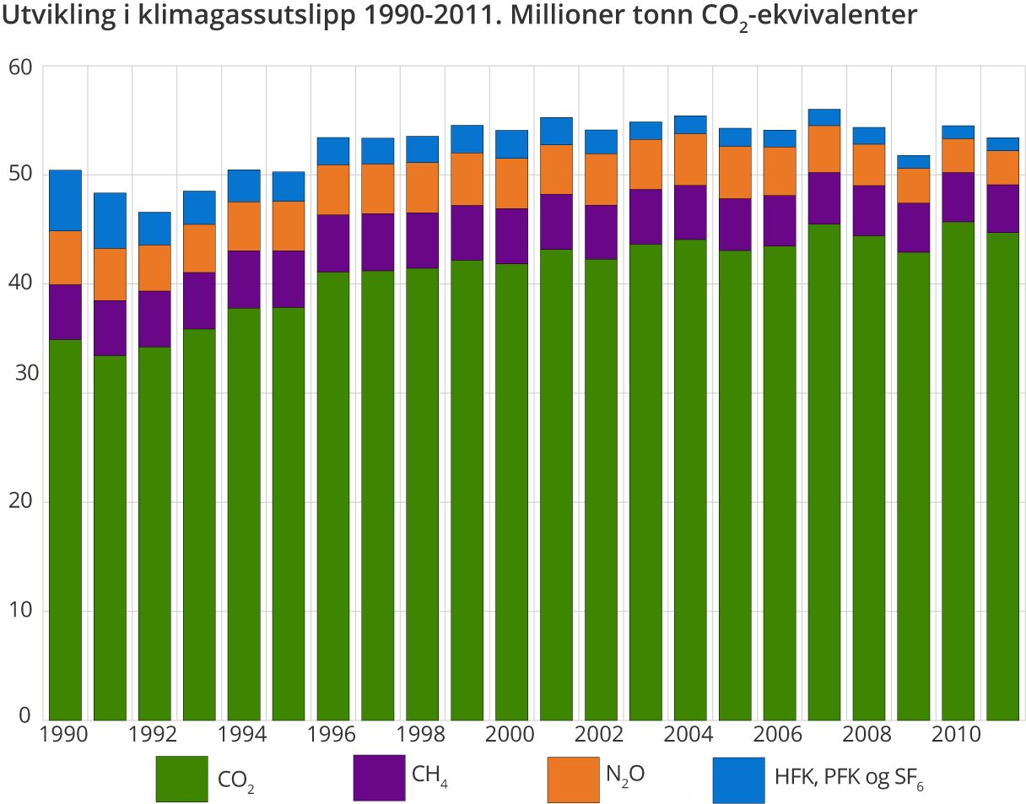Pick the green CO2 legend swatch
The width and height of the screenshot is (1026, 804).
[x=181, y=779]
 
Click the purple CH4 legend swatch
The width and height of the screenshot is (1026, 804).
[x=379, y=777]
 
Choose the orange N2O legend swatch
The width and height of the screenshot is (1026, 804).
[x=573, y=779]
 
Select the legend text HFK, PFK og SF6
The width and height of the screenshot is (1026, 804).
[x=849, y=777]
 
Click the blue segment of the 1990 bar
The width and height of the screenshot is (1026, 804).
[x=65, y=200]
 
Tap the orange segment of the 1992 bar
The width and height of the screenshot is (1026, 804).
[x=154, y=267]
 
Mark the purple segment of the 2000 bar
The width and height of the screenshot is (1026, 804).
[x=511, y=236]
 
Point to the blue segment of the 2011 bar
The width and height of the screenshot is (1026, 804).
[x=1002, y=143]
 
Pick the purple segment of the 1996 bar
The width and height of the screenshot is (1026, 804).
[x=332, y=243]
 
